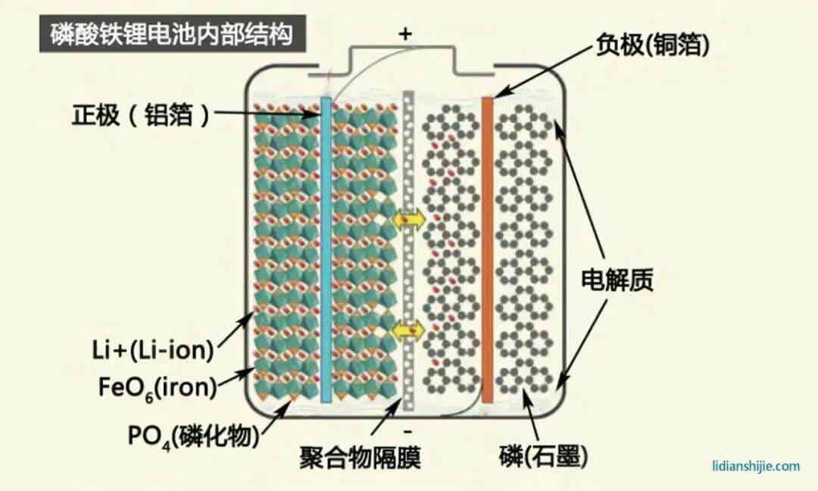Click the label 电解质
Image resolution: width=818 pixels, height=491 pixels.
617,281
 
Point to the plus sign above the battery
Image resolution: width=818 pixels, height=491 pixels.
406,33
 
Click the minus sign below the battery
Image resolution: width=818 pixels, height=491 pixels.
407,431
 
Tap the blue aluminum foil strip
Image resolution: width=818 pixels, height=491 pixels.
326,250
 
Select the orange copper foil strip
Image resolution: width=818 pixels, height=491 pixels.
487,250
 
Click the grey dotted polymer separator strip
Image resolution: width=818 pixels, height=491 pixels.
408,250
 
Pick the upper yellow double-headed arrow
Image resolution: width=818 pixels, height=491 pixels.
408,219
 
